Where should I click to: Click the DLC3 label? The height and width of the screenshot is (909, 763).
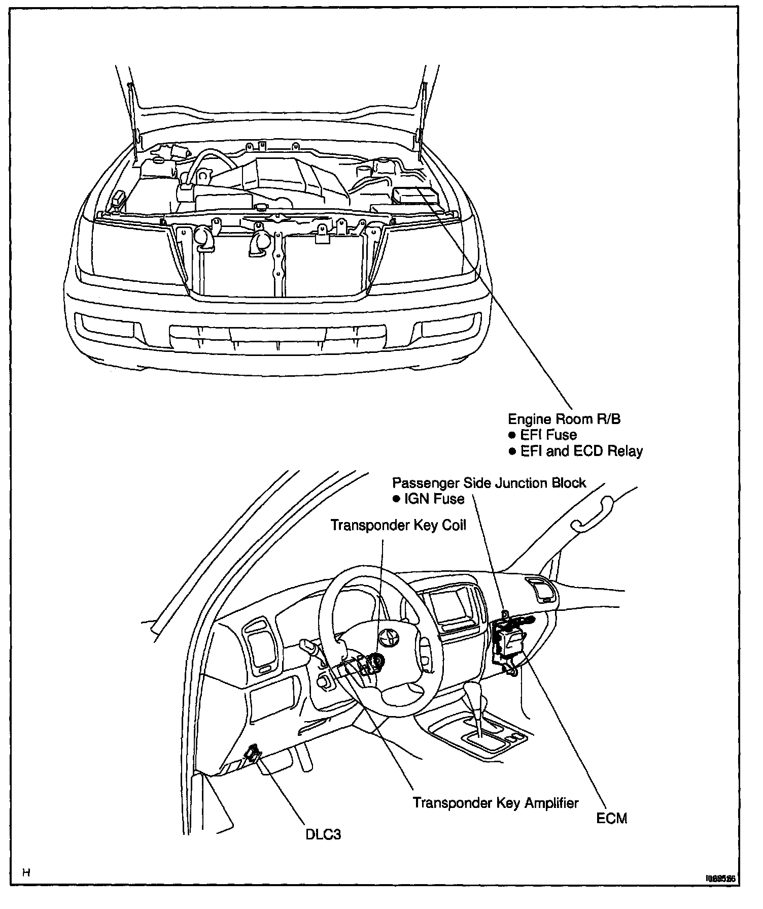[x=323, y=834]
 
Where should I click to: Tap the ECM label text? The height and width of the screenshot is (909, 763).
[x=612, y=818]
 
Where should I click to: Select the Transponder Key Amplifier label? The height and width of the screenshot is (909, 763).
[x=495, y=802]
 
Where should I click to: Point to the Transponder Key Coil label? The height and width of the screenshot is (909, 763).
[x=398, y=525]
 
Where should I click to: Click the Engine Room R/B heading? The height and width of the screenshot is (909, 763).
[x=564, y=419]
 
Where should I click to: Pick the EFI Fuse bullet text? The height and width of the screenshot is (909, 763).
[x=548, y=435]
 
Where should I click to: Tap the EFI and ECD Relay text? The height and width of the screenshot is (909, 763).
[x=581, y=451]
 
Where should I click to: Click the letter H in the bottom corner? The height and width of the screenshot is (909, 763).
[x=26, y=872]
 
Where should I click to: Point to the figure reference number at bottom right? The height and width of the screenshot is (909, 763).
[x=719, y=877]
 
